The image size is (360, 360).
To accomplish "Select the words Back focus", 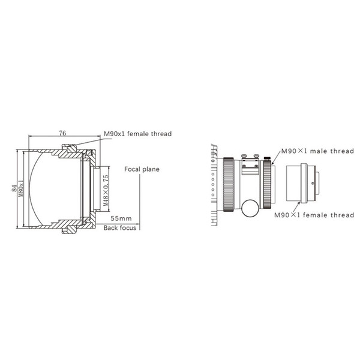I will coord(119,228).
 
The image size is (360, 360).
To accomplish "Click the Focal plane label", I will coord(142,169).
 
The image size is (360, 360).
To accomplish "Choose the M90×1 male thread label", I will coord(309,152).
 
